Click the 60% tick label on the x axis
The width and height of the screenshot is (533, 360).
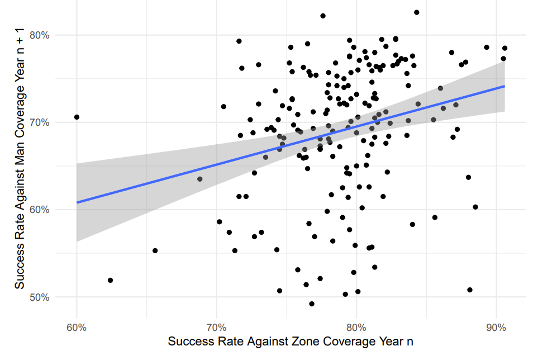pos(77,326)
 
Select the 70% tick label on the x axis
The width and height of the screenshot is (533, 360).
pos(216,326)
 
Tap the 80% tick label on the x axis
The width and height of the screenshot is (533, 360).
pos(356,326)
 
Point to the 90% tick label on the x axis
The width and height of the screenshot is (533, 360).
pos(496,326)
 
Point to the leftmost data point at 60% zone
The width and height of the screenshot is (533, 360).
pos(77,117)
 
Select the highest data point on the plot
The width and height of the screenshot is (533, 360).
pos(416,12)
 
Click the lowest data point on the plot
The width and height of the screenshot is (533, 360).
pos(312,304)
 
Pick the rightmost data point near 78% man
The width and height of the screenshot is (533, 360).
pos(505,48)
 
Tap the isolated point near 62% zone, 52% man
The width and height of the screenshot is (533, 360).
pos(110,280)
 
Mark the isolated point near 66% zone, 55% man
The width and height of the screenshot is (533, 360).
pos(155,250)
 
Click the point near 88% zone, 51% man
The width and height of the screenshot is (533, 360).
pos(470,290)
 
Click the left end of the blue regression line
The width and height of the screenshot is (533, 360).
pos(77,202)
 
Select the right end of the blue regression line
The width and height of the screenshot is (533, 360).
pos(505,86)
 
